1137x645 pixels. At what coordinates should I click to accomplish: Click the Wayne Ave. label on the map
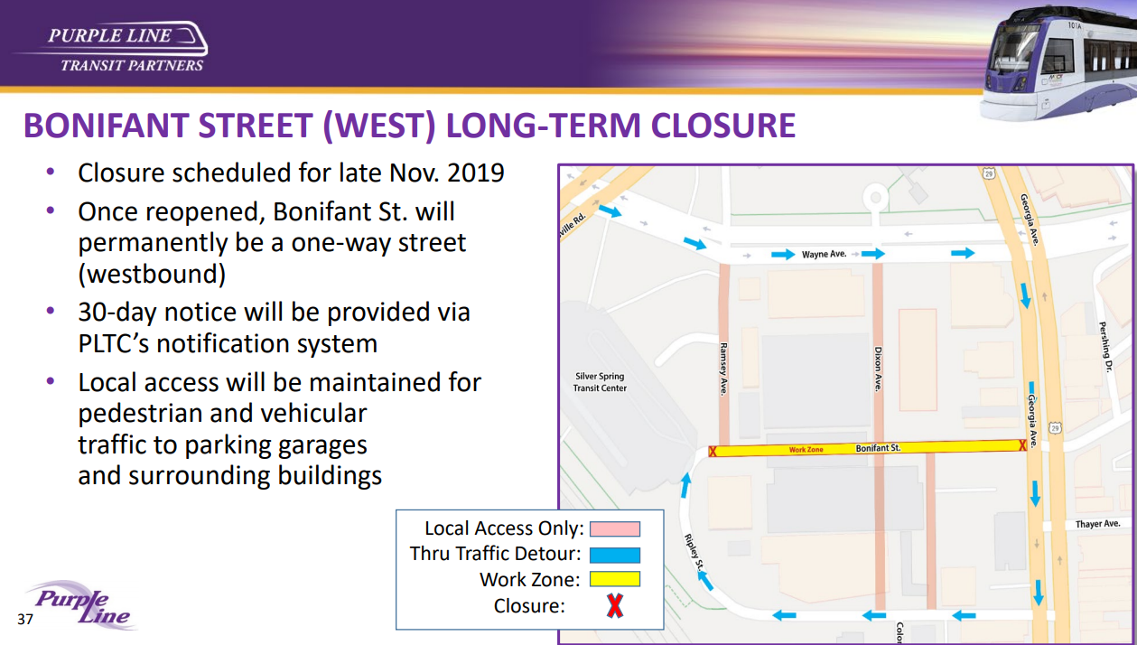tap(824, 254)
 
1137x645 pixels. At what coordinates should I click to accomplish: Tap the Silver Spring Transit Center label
tap(600, 382)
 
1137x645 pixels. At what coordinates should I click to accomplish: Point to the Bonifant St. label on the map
tap(878, 448)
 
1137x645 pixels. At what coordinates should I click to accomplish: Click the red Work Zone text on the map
tap(806, 450)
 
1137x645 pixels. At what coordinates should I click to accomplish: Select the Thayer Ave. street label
tap(1097, 524)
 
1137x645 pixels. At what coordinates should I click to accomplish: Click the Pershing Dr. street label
tap(1105, 346)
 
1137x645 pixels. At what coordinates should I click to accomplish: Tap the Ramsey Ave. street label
tap(723, 369)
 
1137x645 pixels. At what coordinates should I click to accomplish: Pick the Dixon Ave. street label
tap(878, 369)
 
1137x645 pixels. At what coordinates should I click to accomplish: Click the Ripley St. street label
tap(694, 552)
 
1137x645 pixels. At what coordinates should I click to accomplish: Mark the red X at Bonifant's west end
tap(713, 452)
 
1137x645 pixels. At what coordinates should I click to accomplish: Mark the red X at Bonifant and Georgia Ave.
tap(1022, 445)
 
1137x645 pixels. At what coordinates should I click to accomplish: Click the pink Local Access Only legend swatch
tap(615, 528)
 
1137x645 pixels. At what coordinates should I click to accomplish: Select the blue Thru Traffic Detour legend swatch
tap(615, 555)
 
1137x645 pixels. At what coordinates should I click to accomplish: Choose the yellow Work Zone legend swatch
tap(615, 579)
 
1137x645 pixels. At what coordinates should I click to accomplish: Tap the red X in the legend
tap(615, 605)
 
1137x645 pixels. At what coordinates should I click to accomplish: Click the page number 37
tap(25, 619)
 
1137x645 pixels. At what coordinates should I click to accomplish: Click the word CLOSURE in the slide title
tap(722, 126)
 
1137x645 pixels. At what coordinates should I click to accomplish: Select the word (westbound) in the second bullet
tap(152, 275)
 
